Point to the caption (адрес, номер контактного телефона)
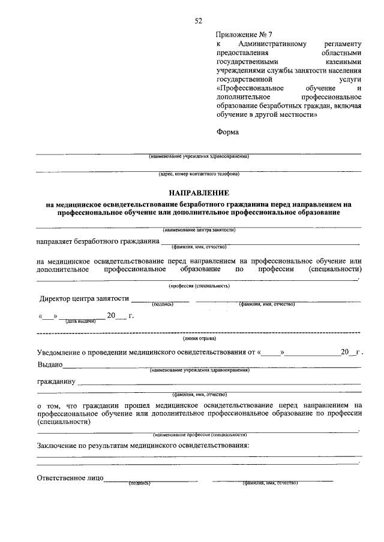[x=199, y=174]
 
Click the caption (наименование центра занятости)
[x=199, y=229]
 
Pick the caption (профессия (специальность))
[x=199, y=286]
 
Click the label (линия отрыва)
[x=199, y=338]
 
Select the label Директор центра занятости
[x=84, y=298]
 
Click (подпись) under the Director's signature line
[x=163, y=304]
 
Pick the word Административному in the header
[x=272, y=44]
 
